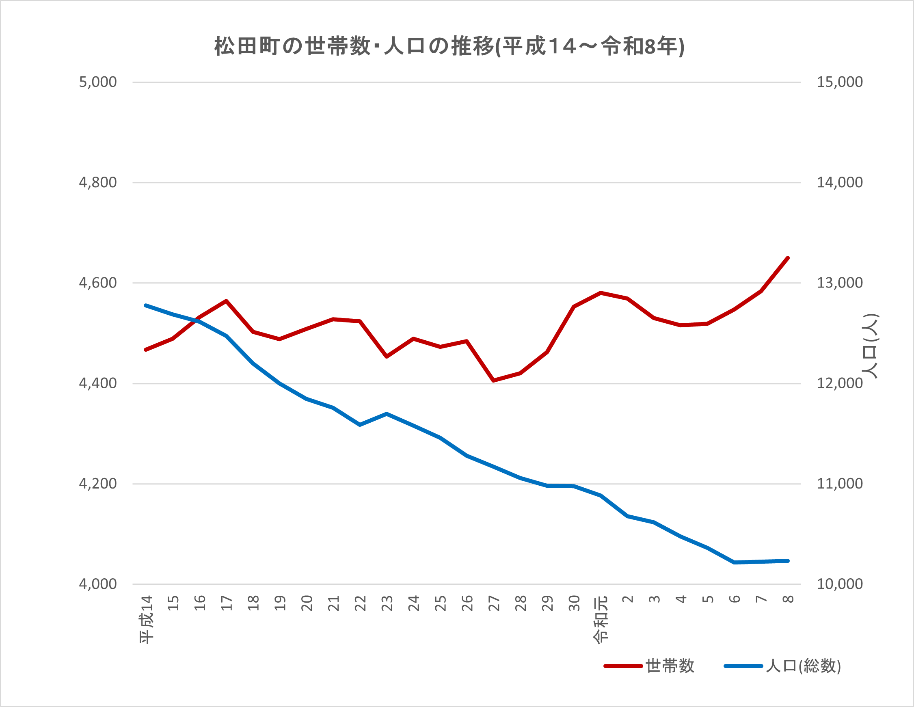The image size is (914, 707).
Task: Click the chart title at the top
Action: [x=449, y=46]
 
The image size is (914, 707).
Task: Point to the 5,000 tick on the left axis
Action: [x=98, y=82]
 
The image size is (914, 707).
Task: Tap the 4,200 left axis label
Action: [x=98, y=484]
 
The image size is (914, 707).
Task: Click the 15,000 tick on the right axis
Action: [x=840, y=82]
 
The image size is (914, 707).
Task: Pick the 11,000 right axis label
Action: [x=840, y=484]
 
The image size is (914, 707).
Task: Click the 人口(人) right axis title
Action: [x=870, y=346]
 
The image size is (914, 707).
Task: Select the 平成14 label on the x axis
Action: [x=147, y=619]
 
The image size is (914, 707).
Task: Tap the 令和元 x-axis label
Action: [x=601, y=619]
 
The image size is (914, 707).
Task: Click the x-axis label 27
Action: [x=494, y=603]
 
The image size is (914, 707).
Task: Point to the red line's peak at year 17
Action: [x=226, y=301]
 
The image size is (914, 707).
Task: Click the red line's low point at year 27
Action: [x=494, y=381]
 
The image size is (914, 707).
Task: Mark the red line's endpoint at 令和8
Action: [x=788, y=258]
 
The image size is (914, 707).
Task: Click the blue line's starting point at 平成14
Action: [x=146, y=305]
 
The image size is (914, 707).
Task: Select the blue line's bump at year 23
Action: [x=387, y=413]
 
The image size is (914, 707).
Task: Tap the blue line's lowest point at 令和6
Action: [x=735, y=562]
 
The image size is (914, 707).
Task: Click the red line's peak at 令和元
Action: [x=601, y=293]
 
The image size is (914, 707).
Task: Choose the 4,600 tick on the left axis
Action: [x=98, y=283]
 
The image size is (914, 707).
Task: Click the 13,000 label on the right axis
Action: [x=840, y=283]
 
